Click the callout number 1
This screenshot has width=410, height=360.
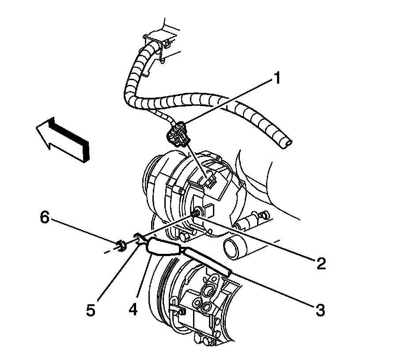click(277, 79)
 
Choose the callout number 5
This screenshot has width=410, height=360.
click(91, 309)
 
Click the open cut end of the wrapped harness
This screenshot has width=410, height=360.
click(288, 142)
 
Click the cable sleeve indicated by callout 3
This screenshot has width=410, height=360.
click(208, 261)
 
